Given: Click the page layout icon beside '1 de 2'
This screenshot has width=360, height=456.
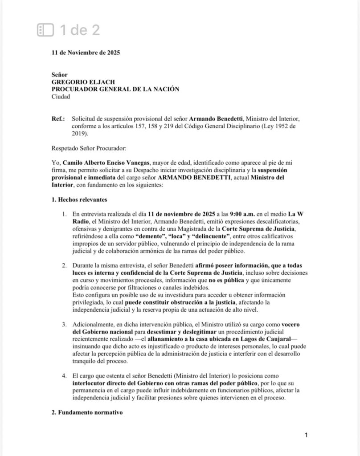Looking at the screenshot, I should tap(45, 30).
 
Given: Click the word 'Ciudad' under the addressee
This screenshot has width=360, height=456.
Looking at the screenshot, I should tap(61, 96).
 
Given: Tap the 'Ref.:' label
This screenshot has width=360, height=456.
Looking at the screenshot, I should tap(58, 119).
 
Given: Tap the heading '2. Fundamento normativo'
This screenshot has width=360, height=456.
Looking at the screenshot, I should tap(86, 412).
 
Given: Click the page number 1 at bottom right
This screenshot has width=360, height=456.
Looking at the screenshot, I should tap(306, 435).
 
